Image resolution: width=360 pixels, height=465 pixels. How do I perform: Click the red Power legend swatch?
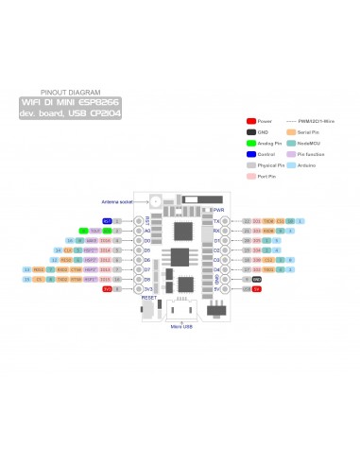pyautogui.click(x=251, y=122)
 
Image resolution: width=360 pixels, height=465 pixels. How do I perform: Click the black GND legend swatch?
pyautogui.click(x=251, y=132)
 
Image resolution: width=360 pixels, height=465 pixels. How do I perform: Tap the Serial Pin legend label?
pyautogui.click(x=308, y=132)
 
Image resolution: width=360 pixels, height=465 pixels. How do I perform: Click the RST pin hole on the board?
pyautogui.click(x=139, y=220)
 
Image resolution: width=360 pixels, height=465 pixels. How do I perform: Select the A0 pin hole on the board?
pyautogui.click(x=139, y=231)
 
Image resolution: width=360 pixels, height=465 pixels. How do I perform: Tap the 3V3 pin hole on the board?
pyautogui.click(x=139, y=289)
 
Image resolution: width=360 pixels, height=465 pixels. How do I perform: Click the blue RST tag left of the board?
pyautogui.click(x=107, y=220)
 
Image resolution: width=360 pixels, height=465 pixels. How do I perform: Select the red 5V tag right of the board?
pyautogui.click(x=257, y=289)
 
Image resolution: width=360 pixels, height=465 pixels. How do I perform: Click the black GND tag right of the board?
pyautogui.click(x=257, y=280)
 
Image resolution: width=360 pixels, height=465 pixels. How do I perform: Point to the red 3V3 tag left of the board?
pyautogui.click(x=107, y=289)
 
